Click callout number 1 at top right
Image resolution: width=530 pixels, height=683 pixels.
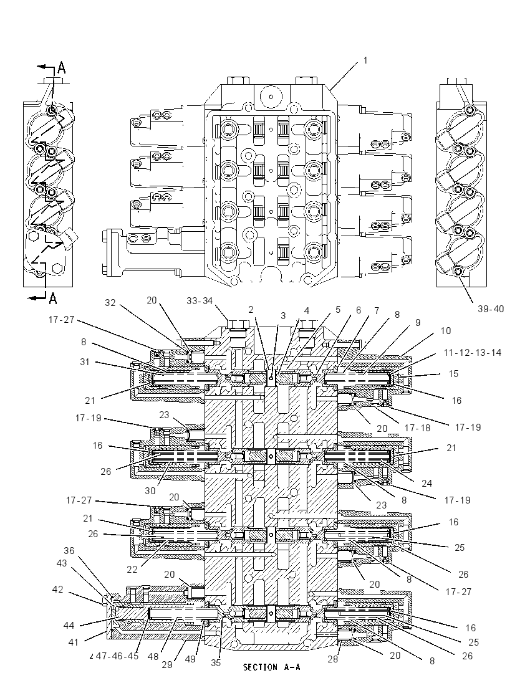[x=365, y=60]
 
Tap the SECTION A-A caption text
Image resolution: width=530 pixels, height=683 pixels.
[x=271, y=667]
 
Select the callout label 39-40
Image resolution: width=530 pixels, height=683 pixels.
[x=490, y=309]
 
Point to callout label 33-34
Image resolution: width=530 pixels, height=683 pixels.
[x=200, y=300]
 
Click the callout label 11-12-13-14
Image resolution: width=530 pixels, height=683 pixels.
[x=473, y=352]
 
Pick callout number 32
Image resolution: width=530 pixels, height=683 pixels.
[x=110, y=303]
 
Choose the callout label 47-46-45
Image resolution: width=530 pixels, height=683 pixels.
[x=117, y=656]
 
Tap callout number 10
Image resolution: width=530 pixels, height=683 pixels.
[x=446, y=331]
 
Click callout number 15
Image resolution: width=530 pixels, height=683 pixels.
[x=453, y=374]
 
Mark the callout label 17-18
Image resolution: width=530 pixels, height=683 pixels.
[x=418, y=428]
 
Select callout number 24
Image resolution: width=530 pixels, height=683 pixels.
[x=426, y=483]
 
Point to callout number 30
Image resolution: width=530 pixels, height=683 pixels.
[x=150, y=491]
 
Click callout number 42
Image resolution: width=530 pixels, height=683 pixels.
[x=57, y=590]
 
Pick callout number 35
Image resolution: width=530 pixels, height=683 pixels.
[x=216, y=663]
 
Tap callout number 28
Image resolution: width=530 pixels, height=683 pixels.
[x=332, y=659]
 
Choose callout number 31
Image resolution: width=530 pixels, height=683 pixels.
[x=85, y=362]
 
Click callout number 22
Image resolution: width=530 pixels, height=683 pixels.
[x=132, y=570]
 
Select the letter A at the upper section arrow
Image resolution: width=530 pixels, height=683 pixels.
[x=62, y=67]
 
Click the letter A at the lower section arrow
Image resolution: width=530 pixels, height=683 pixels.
[x=53, y=298]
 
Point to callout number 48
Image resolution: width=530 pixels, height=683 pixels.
[x=153, y=656]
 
